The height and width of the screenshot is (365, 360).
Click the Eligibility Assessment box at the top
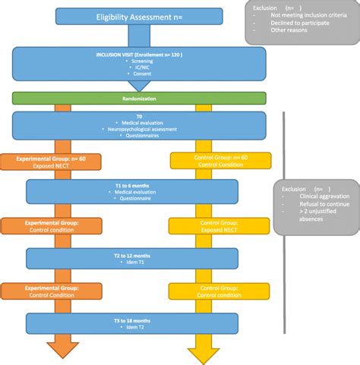click(x=139, y=16)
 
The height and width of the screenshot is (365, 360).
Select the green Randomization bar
click(x=139, y=98)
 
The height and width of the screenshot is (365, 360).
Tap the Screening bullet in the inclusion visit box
click(x=139, y=61)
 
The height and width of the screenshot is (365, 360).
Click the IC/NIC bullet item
click(x=139, y=69)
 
